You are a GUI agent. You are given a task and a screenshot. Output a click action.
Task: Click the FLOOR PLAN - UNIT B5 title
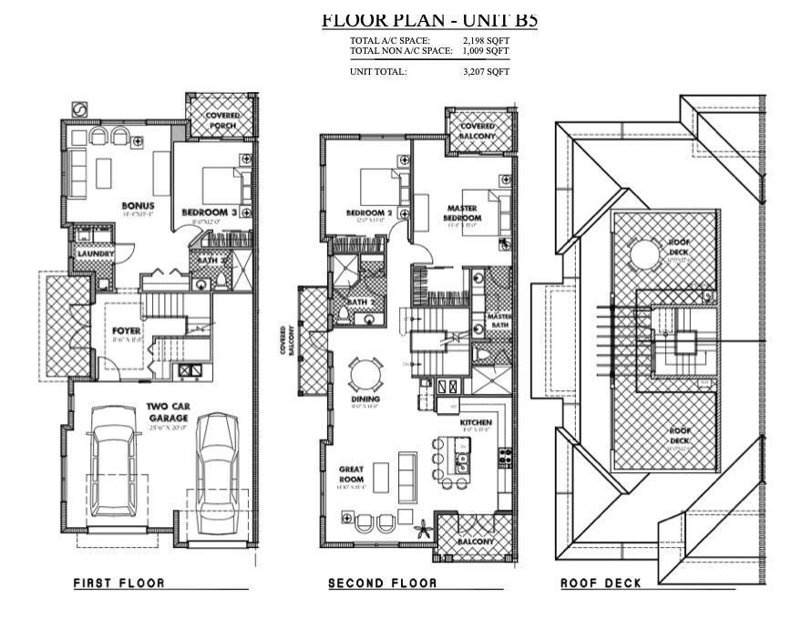(x=429, y=19)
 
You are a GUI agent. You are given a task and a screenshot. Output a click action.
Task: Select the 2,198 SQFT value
(x=486, y=41)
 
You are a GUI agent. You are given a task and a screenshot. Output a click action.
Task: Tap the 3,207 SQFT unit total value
(x=486, y=71)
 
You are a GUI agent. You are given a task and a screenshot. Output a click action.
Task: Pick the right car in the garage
(x=216, y=473)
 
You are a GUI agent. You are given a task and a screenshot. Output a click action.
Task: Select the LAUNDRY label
(x=93, y=253)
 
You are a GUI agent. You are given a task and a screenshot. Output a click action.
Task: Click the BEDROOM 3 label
(x=209, y=212)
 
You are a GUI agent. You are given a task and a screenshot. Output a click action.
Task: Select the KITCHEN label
(x=476, y=423)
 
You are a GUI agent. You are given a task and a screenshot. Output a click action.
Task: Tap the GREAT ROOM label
(x=351, y=474)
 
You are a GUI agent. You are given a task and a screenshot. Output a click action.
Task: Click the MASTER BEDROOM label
(x=463, y=213)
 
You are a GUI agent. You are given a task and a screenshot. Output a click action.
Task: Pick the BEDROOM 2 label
(x=368, y=212)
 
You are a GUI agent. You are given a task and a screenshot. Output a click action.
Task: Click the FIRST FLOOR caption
(x=118, y=583)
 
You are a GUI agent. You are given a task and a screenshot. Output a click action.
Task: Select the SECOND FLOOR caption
(x=382, y=583)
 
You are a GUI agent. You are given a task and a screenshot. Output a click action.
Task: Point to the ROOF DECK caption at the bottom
(x=601, y=583)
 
